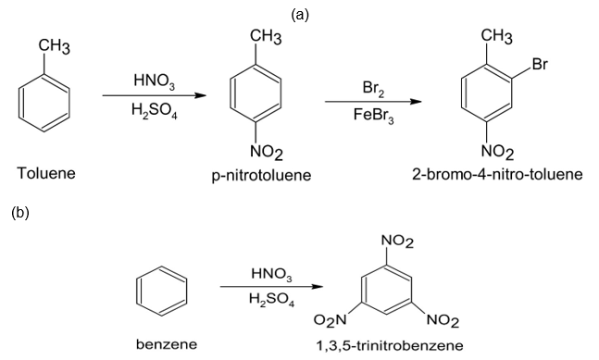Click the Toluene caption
[46, 173]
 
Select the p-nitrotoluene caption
[262, 176]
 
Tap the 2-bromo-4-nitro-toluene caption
[497, 175]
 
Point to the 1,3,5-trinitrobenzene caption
[389, 345]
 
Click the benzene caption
[167, 344]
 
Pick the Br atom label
[540, 64]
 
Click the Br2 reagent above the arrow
[373, 89]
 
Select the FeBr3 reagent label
[373, 116]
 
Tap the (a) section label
[300, 15]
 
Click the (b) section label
[20, 212]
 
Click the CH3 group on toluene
[55, 47]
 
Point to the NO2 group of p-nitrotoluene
[267, 153]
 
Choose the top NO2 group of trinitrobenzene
[397, 242]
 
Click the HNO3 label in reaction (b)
[271, 274]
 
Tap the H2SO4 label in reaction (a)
[155, 111]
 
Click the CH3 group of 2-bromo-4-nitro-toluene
[496, 37]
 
